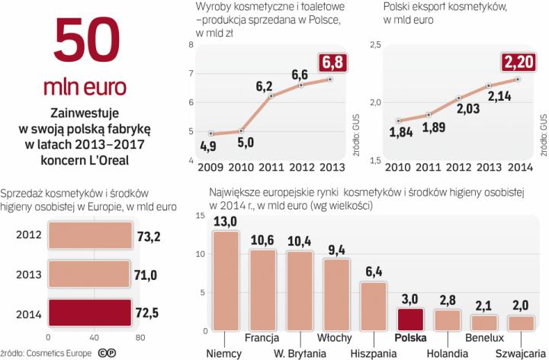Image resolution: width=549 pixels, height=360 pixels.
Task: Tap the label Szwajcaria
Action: (520, 353)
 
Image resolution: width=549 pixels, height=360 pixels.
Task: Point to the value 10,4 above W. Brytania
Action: (300, 242)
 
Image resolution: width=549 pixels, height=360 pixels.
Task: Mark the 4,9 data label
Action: (210, 146)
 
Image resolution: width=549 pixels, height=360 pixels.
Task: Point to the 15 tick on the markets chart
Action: (199, 217)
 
